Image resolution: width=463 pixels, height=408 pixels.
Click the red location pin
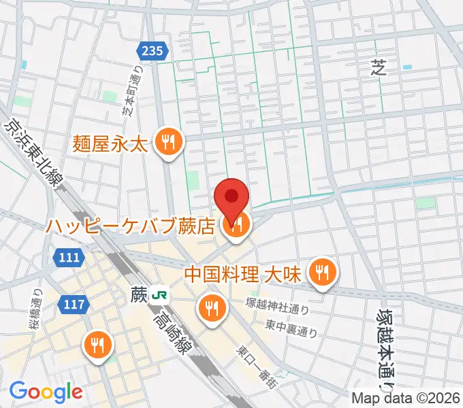click(x=231, y=196)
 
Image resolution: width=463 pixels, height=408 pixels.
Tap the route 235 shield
click(x=153, y=50)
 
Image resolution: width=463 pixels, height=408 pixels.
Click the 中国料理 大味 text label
click(x=242, y=274)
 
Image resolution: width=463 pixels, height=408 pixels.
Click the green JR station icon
click(x=161, y=295)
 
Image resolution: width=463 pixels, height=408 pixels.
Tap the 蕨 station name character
click(x=139, y=295)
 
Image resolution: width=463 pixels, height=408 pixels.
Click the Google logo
click(x=46, y=392)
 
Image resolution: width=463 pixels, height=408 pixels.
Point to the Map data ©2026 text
click(x=406, y=398)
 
